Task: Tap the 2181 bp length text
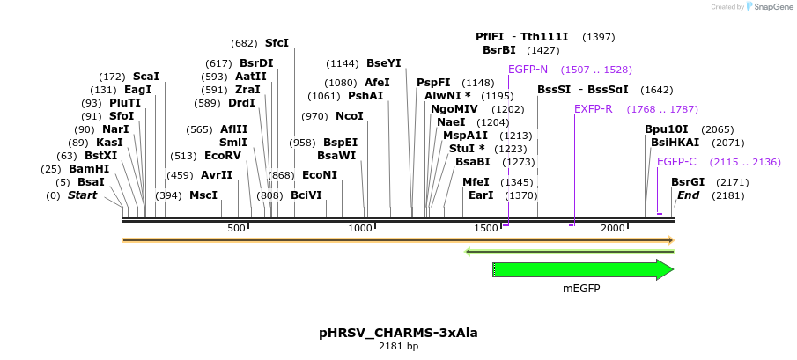click(x=398, y=346)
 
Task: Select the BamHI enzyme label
click(x=89, y=169)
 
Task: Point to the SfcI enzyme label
click(x=277, y=43)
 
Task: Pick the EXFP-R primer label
click(x=593, y=109)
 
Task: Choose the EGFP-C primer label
click(x=676, y=162)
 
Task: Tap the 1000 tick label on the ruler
click(x=362, y=229)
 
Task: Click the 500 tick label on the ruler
click(x=236, y=229)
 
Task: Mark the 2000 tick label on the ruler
click(x=613, y=229)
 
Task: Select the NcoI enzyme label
click(x=350, y=116)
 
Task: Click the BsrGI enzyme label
click(x=688, y=182)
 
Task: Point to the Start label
click(x=82, y=195)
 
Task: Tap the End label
click(x=688, y=195)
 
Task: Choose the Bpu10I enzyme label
click(x=667, y=129)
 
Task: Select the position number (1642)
click(x=657, y=90)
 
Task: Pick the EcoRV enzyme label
click(x=222, y=156)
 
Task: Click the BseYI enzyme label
click(x=383, y=63)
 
